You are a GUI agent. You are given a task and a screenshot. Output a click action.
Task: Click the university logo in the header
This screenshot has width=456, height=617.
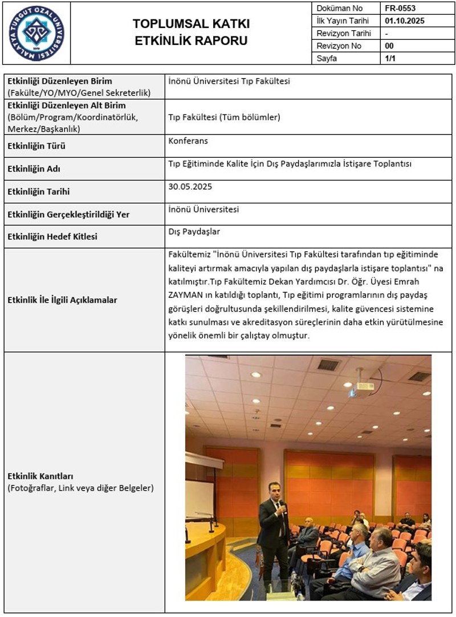tap(36, 33)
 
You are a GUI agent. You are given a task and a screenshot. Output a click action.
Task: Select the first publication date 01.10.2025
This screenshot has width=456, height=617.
tap(405, 21)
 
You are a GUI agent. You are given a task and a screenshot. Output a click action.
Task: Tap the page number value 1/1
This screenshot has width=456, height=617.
tap(390, 59)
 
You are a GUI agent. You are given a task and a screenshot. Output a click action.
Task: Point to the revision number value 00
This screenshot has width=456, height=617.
tap(390, 46)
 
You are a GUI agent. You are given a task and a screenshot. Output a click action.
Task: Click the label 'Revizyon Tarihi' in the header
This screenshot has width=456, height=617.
tap(344, 34)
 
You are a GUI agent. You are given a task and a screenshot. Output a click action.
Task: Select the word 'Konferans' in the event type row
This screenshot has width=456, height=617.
tap(188, 140)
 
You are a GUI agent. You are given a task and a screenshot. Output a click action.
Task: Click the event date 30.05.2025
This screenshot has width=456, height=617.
tap(190, 186)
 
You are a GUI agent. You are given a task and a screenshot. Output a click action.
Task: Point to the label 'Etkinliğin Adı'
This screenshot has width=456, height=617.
tap(34, 169)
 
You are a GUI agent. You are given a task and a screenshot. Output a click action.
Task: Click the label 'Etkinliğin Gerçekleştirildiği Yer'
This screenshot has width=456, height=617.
tap(68, 215)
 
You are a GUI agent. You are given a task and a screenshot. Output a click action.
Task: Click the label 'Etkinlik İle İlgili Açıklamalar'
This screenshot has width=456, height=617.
tap(62, 300)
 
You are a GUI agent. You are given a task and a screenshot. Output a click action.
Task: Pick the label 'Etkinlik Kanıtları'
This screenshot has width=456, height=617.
tap(40, 476)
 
